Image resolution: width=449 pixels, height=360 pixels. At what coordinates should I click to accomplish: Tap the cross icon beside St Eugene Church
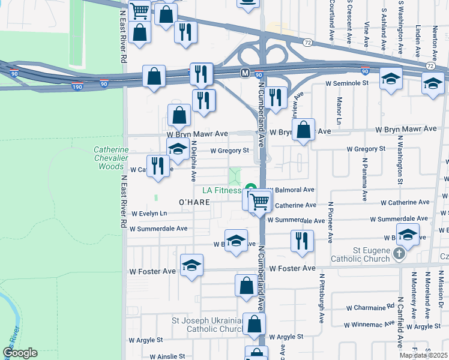[399, 254]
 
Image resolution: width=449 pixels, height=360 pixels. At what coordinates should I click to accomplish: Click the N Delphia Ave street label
[194, 161]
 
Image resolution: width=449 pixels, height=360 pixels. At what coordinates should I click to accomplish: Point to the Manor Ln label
[339, 109]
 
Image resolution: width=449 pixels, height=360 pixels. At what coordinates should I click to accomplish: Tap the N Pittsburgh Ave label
[322, 299]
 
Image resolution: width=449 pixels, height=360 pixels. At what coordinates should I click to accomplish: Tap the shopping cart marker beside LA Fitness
[259, 201]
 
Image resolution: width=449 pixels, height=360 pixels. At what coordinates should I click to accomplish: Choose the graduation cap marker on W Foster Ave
[191, 265]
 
